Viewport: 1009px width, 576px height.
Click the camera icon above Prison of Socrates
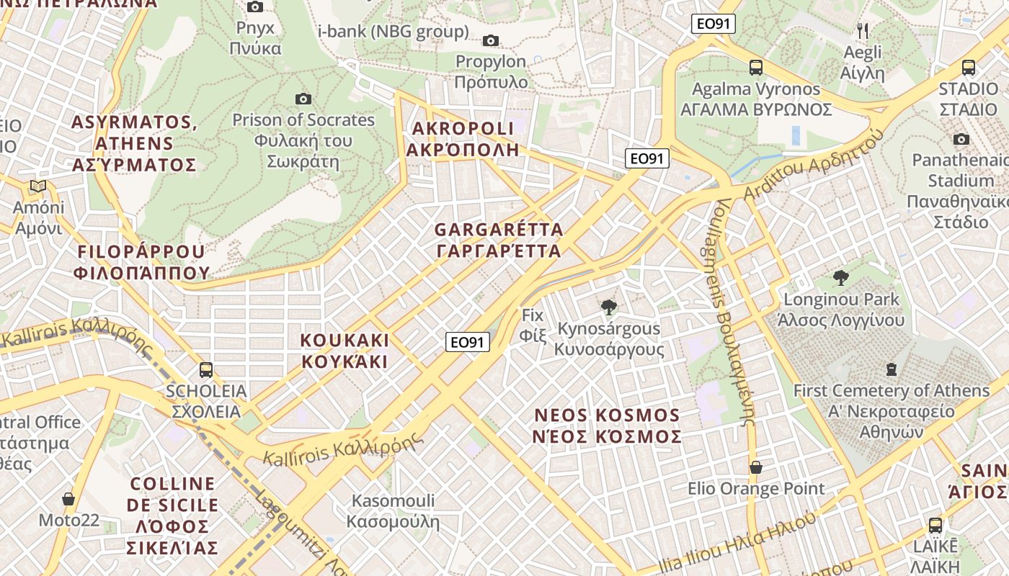point(303,99)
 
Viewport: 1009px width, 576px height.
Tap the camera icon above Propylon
point(491,40)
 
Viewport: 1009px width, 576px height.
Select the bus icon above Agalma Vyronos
point(755,68)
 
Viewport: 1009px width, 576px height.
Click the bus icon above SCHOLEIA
point(206,370)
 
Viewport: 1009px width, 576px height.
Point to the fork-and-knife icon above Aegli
point(863,30)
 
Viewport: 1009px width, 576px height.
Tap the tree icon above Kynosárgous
point(609,307)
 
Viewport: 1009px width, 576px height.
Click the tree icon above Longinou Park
point(840,277)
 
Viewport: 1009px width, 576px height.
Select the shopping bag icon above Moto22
point(68,498)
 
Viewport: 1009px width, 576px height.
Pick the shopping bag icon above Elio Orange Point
point(755,467)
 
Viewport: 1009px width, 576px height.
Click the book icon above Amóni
point(37,186)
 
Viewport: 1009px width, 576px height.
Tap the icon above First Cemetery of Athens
point(892,369)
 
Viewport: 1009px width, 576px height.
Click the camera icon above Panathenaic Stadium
point(961,139)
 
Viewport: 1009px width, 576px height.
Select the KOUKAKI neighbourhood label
point(345,351)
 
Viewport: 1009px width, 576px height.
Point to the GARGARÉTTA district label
point(498,240)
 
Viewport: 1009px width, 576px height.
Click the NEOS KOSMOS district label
point(607,426)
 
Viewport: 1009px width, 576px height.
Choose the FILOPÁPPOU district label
point(141,262)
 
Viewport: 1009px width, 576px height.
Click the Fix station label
point(532,325)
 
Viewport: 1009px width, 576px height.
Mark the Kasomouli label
point(393,510)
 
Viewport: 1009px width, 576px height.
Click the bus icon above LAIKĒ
point(935,525)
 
